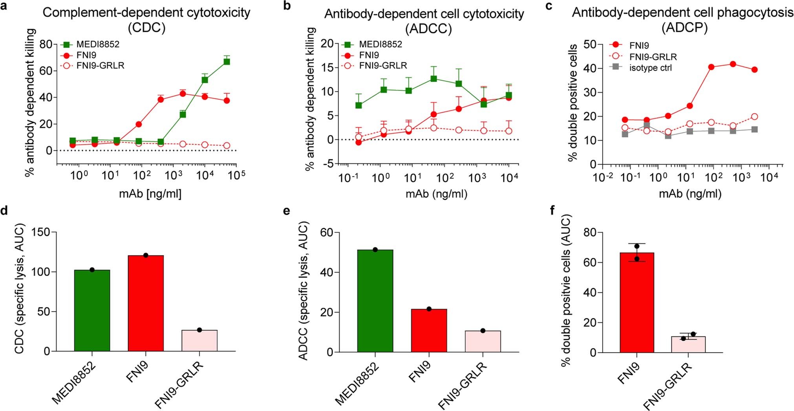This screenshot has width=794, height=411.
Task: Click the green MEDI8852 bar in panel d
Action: tap(92, 310)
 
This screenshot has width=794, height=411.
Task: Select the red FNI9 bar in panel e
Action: tap(429, 331)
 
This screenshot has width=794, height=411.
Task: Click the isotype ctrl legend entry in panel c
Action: tap(650, 68)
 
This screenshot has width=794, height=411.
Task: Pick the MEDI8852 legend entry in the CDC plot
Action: tap(97, 44)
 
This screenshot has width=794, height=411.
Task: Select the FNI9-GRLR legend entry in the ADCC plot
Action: tap(383, 66)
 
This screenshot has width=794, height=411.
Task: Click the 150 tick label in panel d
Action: tap(41, 232)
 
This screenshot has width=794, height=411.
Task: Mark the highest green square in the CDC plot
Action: tap(227, 62)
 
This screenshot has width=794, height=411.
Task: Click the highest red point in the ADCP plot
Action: tap(733, 64)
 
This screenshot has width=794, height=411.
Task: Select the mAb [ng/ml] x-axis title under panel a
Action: tap(150, 193)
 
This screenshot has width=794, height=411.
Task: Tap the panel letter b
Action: tap(287, 6)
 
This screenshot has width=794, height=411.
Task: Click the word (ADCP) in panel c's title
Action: tap(684, 28)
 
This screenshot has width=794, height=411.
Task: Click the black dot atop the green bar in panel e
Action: tap(375, 250)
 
